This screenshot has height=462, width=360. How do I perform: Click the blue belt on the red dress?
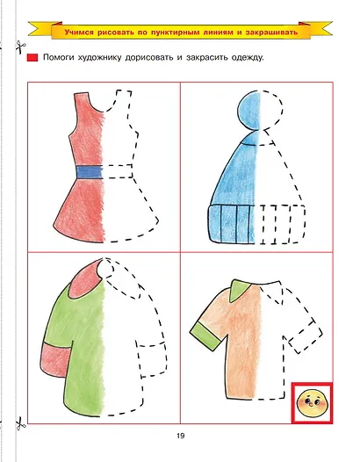[90, 172]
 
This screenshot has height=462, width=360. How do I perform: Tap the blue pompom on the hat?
[250, 110]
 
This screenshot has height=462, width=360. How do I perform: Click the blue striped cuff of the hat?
[232, 224]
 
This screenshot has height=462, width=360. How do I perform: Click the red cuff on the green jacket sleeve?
[55, 359]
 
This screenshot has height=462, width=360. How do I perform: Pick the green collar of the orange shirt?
[241, 290]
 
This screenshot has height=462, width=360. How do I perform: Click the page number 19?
[181, 436]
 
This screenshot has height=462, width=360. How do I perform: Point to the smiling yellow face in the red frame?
[312, 403]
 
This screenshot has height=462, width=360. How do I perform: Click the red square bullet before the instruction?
[32, 57]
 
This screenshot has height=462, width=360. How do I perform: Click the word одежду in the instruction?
[248, 57]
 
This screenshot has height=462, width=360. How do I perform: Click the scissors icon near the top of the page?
[20, 47]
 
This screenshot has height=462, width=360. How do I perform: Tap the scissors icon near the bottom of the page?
[20, 423]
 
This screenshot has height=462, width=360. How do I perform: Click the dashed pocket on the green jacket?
[152, 359]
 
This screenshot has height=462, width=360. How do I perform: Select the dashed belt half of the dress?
[118, 171]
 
